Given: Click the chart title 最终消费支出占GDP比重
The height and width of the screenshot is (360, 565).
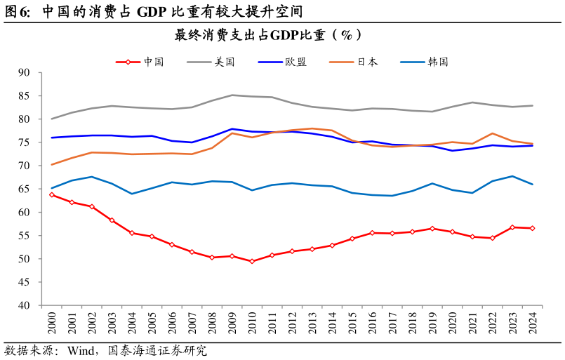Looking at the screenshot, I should (268, 35).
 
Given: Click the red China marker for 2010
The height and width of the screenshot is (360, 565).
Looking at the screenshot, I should (252, 261).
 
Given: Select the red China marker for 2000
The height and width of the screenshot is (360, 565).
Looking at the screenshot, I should (52, 194).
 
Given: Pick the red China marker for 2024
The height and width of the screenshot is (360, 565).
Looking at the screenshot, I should (532, 228).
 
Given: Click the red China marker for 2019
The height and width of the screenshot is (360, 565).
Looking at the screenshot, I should (432, 229).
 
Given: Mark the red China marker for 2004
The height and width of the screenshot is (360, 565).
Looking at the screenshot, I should (132, 233).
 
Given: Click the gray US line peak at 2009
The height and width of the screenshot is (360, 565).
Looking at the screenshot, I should (232, 95).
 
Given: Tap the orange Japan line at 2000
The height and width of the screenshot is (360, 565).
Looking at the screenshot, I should (52, 164).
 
